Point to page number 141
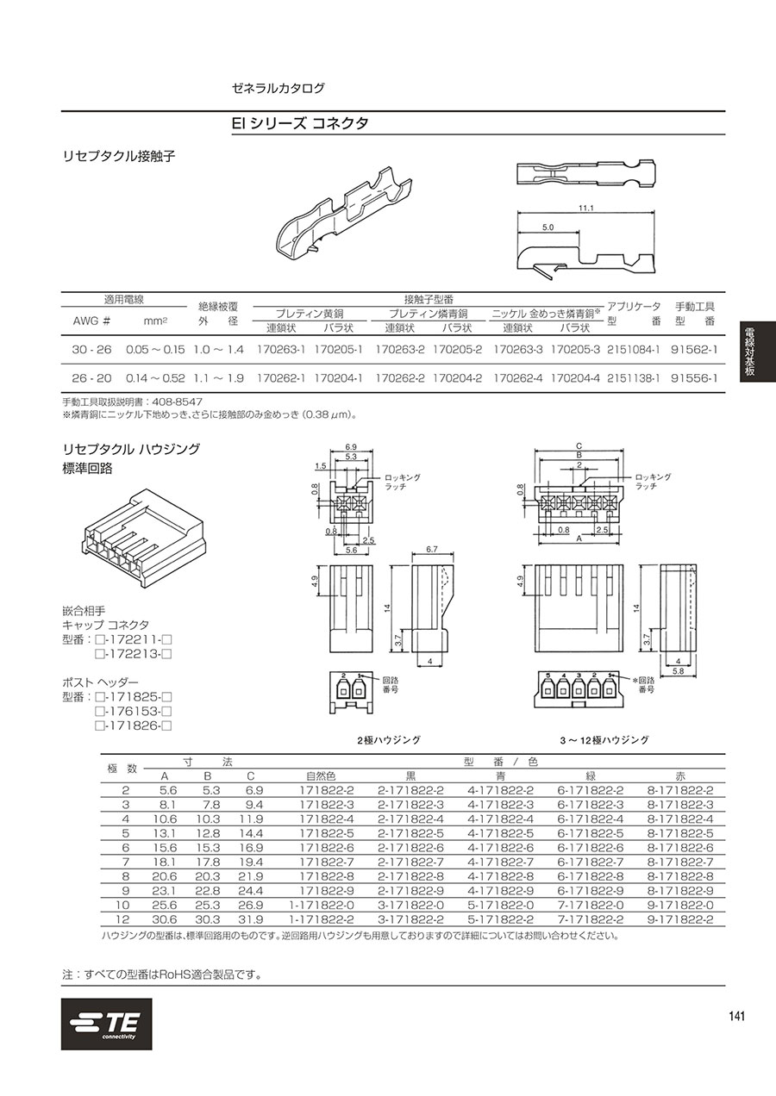point(736,1016)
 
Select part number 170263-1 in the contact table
point(280,350)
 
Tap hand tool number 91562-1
point(694,350)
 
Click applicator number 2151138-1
point(634,378)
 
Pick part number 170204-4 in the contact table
point(575,378)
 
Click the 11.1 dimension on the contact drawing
point(586,208)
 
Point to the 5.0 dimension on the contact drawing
point(548,227)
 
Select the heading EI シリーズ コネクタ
point(300,123)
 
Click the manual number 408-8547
point(178,402)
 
